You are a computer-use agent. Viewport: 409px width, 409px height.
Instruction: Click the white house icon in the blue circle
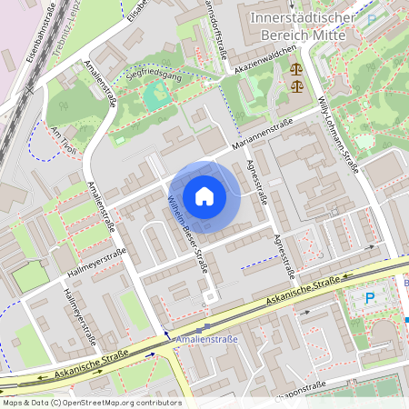coord(204,196)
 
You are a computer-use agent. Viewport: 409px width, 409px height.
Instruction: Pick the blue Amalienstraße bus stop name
coord(207,338)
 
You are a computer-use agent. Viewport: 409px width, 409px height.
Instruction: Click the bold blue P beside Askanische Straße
coord(369,297)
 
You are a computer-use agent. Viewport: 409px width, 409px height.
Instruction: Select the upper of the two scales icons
coord(295,68)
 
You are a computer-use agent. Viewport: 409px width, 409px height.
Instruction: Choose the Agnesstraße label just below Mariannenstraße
coord(256,182)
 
